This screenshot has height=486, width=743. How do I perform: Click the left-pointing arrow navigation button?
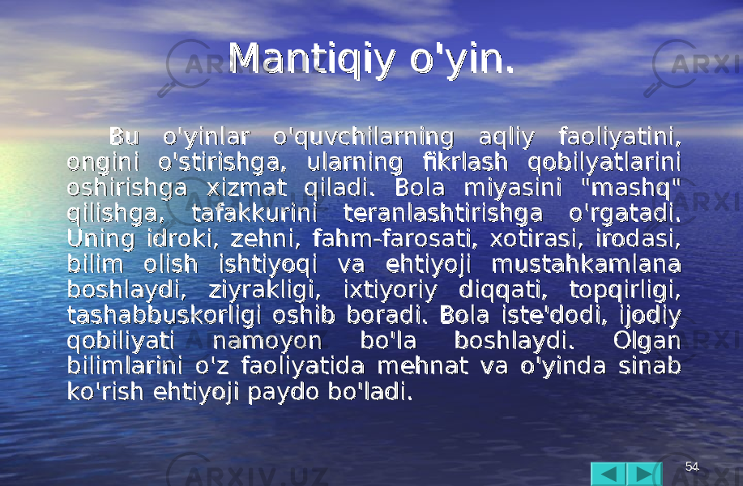point(608,474)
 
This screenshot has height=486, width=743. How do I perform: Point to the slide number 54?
point(692,467)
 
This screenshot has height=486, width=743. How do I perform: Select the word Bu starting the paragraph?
point(124,137)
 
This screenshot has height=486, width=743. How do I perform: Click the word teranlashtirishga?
point(443,215)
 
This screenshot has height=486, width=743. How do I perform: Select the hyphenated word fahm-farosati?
point(395,239)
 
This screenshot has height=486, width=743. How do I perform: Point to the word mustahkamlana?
point(587,264)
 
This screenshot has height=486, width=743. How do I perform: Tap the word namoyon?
point(267,341)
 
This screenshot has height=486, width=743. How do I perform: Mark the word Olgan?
point(647,341)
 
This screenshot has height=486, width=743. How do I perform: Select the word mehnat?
point(423,366)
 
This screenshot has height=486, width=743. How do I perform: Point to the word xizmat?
point(247,188)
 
